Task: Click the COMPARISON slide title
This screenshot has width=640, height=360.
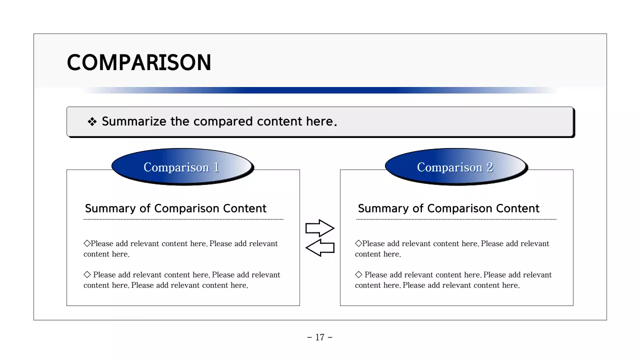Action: coord(139,63)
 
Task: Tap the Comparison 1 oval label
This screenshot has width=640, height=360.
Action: coord(181,167)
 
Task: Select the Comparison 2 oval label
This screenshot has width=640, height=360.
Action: coord(455,167)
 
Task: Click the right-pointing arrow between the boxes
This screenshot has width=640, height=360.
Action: coord(319,228)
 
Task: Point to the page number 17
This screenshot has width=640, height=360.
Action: coord(320,337)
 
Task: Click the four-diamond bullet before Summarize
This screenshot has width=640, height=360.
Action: coord(92,122)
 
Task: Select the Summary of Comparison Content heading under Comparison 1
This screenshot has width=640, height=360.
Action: coord(175,208)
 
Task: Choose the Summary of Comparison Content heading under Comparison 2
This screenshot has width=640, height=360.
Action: coord(448,208)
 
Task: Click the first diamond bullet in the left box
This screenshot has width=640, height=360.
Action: coord(87,243)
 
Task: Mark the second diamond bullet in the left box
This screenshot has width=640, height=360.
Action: coord(87,274)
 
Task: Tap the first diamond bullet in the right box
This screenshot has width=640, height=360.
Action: coord(358,243)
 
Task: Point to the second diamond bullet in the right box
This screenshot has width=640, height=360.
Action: coord(358,274)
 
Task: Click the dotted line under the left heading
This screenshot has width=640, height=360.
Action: coord(183,219)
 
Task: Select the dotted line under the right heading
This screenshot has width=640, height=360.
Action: coord(456,219)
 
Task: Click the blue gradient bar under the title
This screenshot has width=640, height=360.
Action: coord(320,90)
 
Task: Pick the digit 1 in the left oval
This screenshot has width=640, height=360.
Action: coord(216,167)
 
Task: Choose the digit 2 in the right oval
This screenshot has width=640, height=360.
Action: coord(490,167)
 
